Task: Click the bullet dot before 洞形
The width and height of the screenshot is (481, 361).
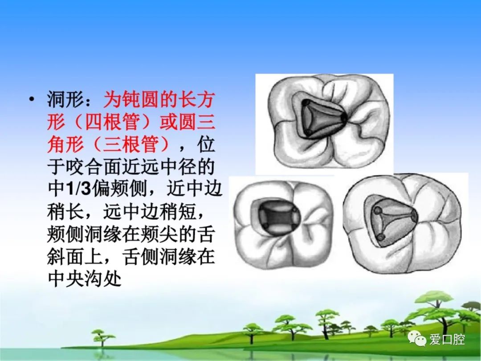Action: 31,99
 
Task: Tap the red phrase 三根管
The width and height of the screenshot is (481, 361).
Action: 131,144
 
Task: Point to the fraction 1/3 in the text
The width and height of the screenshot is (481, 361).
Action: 79,189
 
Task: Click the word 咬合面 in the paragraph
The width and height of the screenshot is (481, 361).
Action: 94,166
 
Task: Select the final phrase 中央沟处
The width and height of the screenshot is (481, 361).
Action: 84,279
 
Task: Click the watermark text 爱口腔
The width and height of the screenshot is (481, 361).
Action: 447,339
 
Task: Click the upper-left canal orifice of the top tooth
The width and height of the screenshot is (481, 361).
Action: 306,103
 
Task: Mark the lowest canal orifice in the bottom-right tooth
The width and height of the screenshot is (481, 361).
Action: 380,237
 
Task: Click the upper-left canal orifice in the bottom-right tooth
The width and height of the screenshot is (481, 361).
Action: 378,210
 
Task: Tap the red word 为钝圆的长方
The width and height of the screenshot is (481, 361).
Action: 159,99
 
